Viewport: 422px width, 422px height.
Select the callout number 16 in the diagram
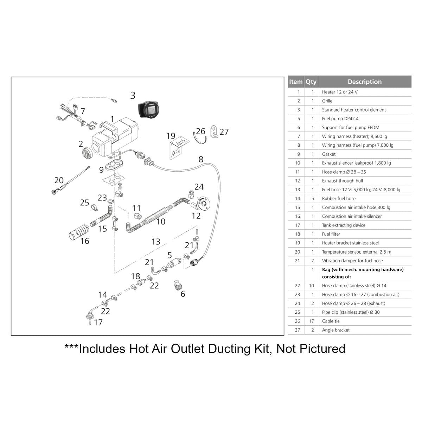point(85,241)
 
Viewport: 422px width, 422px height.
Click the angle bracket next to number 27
point(213,132)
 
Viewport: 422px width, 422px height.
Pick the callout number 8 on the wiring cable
point(201,159)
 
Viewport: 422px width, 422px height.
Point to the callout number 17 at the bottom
point(98,322)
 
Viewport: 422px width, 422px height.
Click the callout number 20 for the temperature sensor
point(59,180)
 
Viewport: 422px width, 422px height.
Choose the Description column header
point(365,82)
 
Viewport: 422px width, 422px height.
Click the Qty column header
point(311,82)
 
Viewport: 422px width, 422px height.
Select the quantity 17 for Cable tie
point(312,321)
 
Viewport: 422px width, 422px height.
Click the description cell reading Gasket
point(329,154)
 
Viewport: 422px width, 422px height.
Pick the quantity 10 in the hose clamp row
point(312,286)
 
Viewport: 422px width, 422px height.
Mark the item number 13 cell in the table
point(298,190)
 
